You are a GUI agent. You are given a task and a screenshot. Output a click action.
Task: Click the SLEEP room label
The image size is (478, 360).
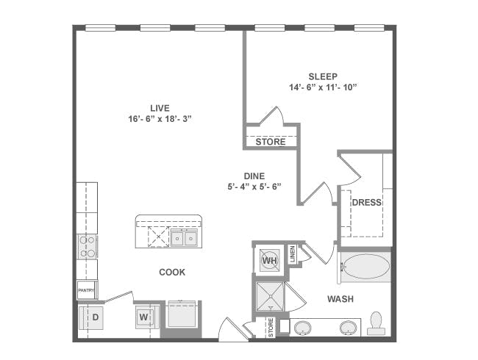coord(323,76)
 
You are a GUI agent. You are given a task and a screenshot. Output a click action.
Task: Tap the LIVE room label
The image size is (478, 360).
coord(160,108)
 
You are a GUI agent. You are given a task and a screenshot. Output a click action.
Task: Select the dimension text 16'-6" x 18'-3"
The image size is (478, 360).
coord(160,119)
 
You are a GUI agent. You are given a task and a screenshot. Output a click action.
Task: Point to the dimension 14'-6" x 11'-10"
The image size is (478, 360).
coord(323,87)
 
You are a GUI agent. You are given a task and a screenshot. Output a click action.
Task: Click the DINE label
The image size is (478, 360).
coord(254,176)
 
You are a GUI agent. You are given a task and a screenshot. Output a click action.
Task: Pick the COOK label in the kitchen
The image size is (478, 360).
coord(172,273)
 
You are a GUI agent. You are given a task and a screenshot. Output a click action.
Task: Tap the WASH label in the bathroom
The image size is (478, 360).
coord(340,299)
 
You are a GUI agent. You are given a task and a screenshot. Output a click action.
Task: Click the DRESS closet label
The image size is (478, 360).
coord(367,203)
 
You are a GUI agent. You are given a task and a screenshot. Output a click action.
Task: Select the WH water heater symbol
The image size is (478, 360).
coord(270,260)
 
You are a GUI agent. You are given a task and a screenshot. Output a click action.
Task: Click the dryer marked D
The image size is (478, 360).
coord(91,317)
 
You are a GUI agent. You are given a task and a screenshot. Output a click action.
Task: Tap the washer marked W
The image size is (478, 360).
coord(148,317)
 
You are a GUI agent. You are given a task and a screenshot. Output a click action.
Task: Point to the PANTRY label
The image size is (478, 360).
coord(86,290)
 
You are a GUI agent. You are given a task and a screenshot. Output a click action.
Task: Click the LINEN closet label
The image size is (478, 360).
coord(293,254)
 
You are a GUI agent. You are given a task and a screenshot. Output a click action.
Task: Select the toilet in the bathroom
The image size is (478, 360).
coord(376,323)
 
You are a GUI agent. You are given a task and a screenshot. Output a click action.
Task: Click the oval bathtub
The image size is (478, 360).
coord(365,266)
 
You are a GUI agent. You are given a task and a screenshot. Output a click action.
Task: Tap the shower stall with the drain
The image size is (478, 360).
coord(270,297)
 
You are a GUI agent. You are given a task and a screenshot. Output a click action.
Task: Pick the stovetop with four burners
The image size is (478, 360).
coord(87,247)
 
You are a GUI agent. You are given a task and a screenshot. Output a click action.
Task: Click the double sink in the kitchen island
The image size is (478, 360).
coord(184,239)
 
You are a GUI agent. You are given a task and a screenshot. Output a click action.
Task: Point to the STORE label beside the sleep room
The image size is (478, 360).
coord(271,142)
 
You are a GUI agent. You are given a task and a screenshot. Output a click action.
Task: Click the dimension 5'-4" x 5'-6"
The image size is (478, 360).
coord(254,187)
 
